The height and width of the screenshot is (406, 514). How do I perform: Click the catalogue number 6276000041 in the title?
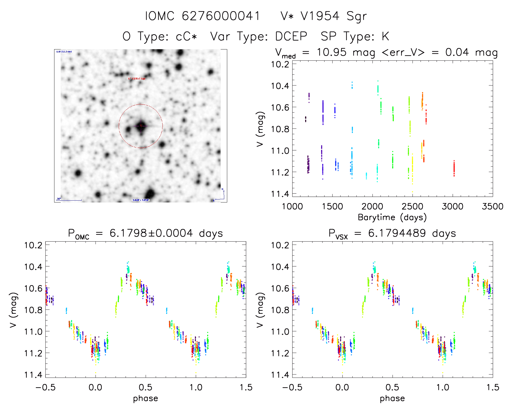pos(221,16)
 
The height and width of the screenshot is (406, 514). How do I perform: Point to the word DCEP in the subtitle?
pos(291,36)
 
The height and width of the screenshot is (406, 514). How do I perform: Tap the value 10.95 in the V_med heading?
pos(331,52)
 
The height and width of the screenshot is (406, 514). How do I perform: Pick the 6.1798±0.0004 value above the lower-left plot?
pos(151,233)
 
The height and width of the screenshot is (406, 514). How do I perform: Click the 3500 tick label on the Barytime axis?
pos(492,207)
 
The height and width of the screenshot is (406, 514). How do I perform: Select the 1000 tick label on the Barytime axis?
pos(292,207)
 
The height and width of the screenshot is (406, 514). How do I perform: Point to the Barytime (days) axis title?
pos(392,217)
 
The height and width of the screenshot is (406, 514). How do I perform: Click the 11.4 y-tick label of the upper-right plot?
pos(280,194)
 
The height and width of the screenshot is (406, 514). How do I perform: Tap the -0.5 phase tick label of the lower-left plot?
pos(45,388)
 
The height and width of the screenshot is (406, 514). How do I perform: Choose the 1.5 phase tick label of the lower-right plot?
pos(493,388)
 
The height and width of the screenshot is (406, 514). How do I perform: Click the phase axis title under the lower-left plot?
pos(146,398)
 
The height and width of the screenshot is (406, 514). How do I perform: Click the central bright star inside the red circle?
pos(141,126)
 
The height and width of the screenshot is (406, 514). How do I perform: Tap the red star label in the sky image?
pos(137,79)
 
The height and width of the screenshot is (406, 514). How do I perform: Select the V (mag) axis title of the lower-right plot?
pos(260,310)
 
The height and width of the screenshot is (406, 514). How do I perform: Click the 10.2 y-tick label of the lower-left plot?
pos(33,245)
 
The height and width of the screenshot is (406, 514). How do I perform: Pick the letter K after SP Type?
pos(385,36)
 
